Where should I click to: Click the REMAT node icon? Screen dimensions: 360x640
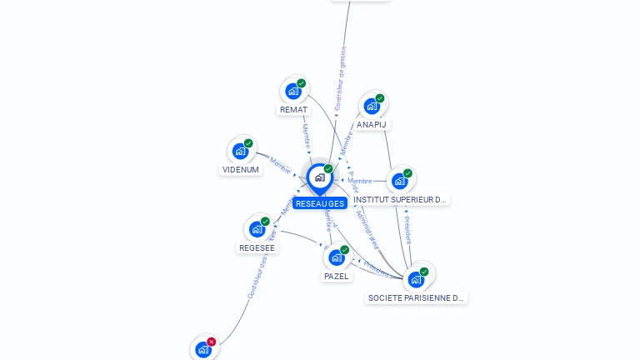(x=292, y=91)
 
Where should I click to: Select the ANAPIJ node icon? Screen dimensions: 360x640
(x=372, y=106)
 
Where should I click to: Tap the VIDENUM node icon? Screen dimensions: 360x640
(x=240, y=151)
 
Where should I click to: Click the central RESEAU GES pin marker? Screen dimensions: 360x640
(x=319, y=177)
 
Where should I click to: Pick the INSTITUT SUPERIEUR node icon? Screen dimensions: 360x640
(x=400, y=181)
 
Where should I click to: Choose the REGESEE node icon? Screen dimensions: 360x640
(x=257, y=229)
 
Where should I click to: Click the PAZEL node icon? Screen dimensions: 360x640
(x=336, y=257)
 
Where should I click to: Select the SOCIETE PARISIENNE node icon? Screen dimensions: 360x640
(x=416, y=279)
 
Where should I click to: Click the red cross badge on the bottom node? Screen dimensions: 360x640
(x=212, y=342)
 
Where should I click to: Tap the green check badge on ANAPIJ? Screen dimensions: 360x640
(x=380, y=98)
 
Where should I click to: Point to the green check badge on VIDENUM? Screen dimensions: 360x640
(x=248, y=143)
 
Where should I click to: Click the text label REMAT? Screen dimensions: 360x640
(x=293, y=110)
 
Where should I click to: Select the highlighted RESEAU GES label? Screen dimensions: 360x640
(x=320, y=203)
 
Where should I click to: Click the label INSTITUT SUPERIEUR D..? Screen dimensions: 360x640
(x=401, y=200)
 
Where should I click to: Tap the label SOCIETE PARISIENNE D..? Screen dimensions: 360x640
(x=416, y=297)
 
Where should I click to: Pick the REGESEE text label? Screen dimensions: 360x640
(x=257, y=247)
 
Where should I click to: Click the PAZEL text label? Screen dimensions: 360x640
(x=337, y=276)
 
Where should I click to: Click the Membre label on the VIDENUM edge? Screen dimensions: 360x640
(x=281, y=166)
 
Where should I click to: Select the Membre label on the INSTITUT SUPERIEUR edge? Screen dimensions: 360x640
(x=360, y=181)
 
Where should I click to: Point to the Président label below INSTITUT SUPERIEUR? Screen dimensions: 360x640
(x=407, y=229)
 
